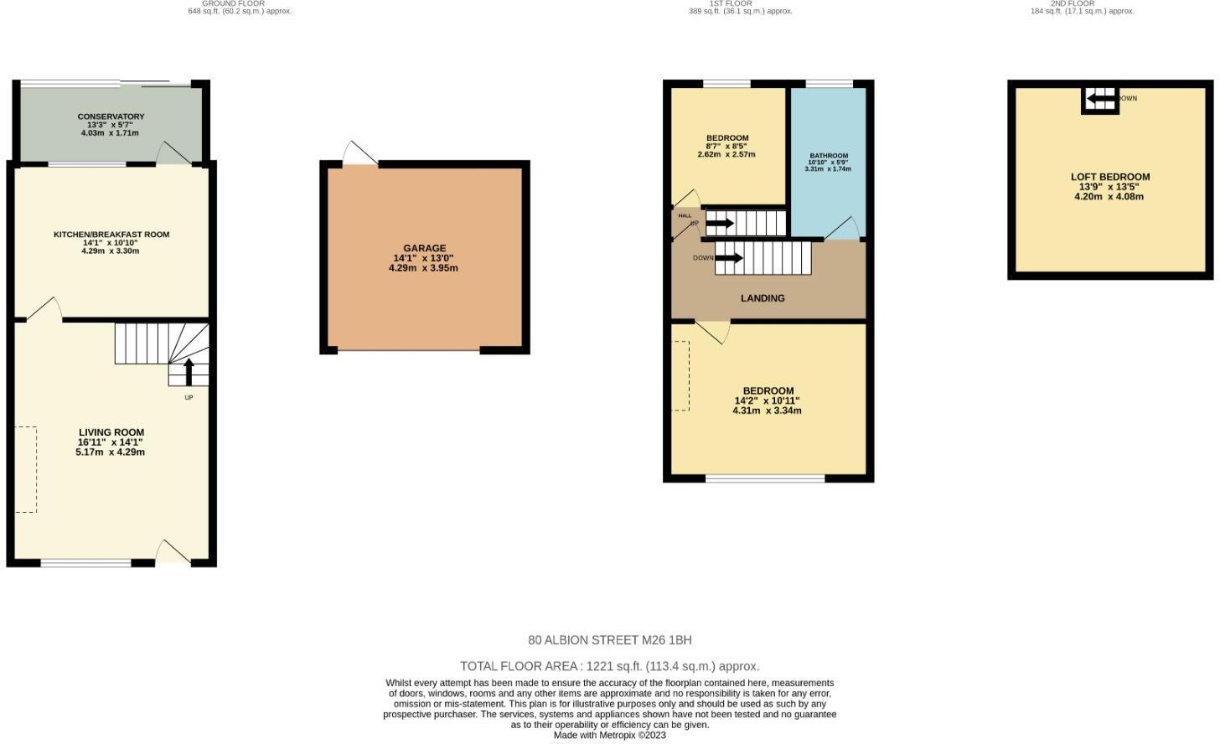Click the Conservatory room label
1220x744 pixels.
[111, 116]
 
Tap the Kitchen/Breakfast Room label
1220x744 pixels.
[111, 235]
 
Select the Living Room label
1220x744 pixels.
[111, 432]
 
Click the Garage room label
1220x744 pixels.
[424, 248]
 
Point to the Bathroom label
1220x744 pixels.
[828, 156]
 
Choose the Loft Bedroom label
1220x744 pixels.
[1109, 177]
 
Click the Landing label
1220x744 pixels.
[762, 298]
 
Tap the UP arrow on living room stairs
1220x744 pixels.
[189, 371]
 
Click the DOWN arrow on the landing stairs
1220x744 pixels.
[728, 258]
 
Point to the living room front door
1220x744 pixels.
[172, 551]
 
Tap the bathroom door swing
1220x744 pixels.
[843, 228]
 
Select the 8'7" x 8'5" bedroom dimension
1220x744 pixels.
[726, 146]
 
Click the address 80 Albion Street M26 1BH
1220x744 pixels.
[609, 640]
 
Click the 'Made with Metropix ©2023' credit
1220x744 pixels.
[609, 736]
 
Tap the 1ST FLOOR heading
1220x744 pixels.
[719, 3]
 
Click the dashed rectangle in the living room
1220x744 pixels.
[26, 469]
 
